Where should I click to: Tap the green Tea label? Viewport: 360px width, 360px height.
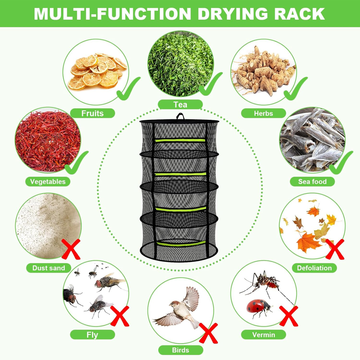180,104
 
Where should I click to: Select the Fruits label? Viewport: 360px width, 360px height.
92,113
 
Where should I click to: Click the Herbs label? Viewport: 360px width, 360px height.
263,113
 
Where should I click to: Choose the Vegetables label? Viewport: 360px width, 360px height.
48,181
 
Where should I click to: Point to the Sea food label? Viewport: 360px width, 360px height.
312,181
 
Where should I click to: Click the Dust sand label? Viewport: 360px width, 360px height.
49,268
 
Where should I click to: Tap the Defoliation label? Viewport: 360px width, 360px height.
314,268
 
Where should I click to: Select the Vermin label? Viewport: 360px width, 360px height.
263,334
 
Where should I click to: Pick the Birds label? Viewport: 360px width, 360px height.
180,350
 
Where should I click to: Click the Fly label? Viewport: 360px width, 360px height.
92,334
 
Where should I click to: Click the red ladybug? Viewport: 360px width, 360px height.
258,307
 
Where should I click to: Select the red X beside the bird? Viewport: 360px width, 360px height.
208,333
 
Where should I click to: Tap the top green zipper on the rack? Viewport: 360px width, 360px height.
180,140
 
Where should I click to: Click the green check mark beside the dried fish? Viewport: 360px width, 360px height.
340,162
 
